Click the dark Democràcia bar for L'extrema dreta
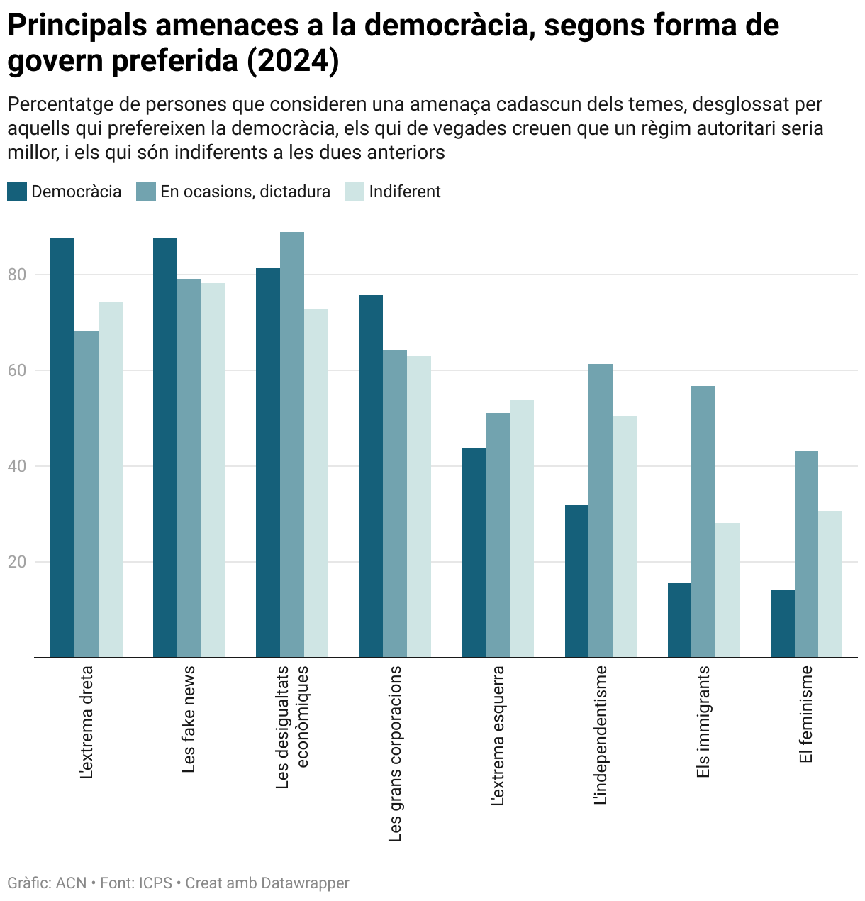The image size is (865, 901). coord(62,447)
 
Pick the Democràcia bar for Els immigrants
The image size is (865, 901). coord(679,620)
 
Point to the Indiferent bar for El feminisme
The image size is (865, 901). coord(830,584)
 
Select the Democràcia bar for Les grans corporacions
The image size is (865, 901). coord(371,476)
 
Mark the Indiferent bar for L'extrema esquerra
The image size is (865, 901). coord(522,529)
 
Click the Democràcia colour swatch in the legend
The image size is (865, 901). coord(17,192)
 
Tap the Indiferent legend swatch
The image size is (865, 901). coord(354,192)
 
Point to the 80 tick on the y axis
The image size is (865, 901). coord(17,275)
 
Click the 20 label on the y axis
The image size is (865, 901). coord(17,562)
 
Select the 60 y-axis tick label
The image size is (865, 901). coord(17,370)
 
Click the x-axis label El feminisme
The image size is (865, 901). coord(805,714)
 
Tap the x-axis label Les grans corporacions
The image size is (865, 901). coord(395,753)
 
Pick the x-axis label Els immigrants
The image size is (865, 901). coord(703,722)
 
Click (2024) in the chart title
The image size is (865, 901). coord(293,61)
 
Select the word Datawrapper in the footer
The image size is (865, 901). coord(305,883)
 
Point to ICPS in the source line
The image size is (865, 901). coord(155,883)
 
